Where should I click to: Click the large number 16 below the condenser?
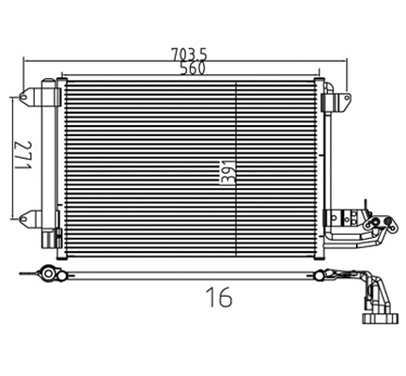click(x=217, y=298)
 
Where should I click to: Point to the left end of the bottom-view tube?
click(x=47, y=274)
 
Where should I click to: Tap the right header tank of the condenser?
click(x=322, y=160)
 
